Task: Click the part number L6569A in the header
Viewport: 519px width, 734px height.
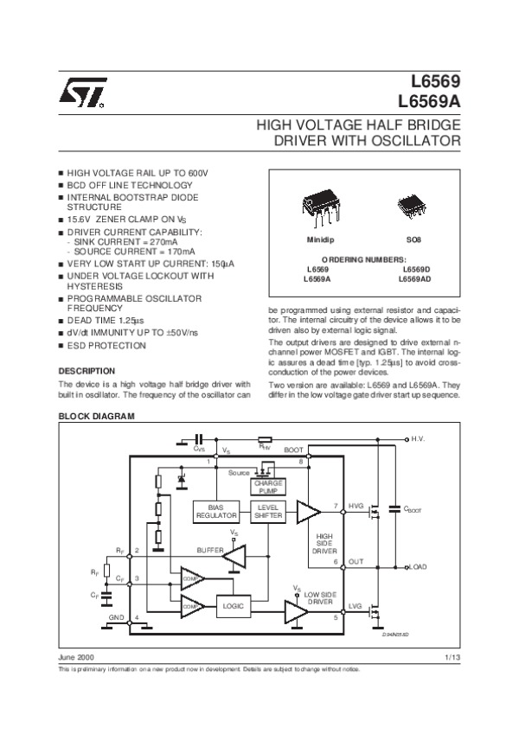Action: click(x=430, y=99)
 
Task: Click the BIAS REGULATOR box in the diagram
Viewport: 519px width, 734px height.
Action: click(x=215, y=510)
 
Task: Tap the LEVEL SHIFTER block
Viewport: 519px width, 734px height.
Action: click(x=267, y=510)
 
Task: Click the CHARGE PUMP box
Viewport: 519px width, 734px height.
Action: click(x=269, y=487)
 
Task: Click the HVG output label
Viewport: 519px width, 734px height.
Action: click(x=356, y=505)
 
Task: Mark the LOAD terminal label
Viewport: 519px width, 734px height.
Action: click(x=420, y=566)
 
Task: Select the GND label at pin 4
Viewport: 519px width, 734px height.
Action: click(x=116, y=618)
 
